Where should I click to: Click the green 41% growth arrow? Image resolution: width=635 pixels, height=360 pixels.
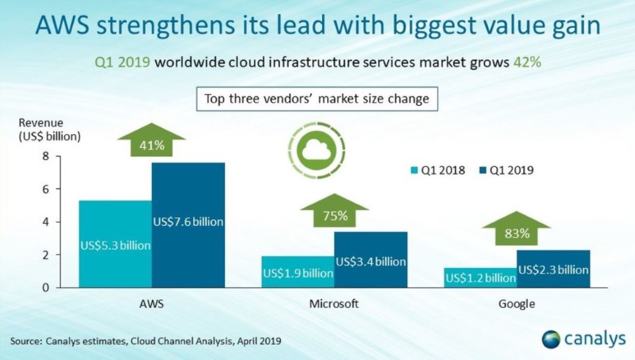click(151, 140)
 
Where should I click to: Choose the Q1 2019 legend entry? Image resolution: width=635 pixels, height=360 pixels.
click(506, 170)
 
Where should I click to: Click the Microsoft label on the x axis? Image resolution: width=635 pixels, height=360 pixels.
click(334, 303)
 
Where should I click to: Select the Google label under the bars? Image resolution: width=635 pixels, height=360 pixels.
click(516, 303)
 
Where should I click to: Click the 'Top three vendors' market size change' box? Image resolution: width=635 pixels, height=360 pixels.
click(317, 99)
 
